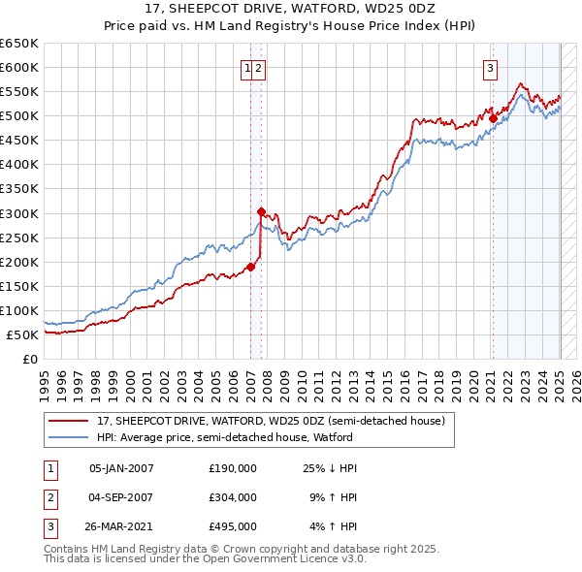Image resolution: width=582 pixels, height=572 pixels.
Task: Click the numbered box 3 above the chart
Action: click(491, 68)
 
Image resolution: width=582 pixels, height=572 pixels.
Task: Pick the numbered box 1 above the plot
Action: click(248, 68)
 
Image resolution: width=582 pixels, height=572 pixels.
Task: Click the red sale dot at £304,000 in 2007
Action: click(261, 210)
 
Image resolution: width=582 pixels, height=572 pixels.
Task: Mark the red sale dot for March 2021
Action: click(493, 118)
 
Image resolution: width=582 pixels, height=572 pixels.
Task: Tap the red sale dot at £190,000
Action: click(250, 266)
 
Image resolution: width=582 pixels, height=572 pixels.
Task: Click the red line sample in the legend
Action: click(69, 422)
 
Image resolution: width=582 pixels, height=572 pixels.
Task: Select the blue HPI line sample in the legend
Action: click(69, 437)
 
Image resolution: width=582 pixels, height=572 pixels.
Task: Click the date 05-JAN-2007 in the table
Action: click(121, 468)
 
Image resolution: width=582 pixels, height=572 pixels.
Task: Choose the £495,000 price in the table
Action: click(232, 526)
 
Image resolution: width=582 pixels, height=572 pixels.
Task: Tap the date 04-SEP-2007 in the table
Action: click(121, 497)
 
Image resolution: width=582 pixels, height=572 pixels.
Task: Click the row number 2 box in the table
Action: click(49, 497)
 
